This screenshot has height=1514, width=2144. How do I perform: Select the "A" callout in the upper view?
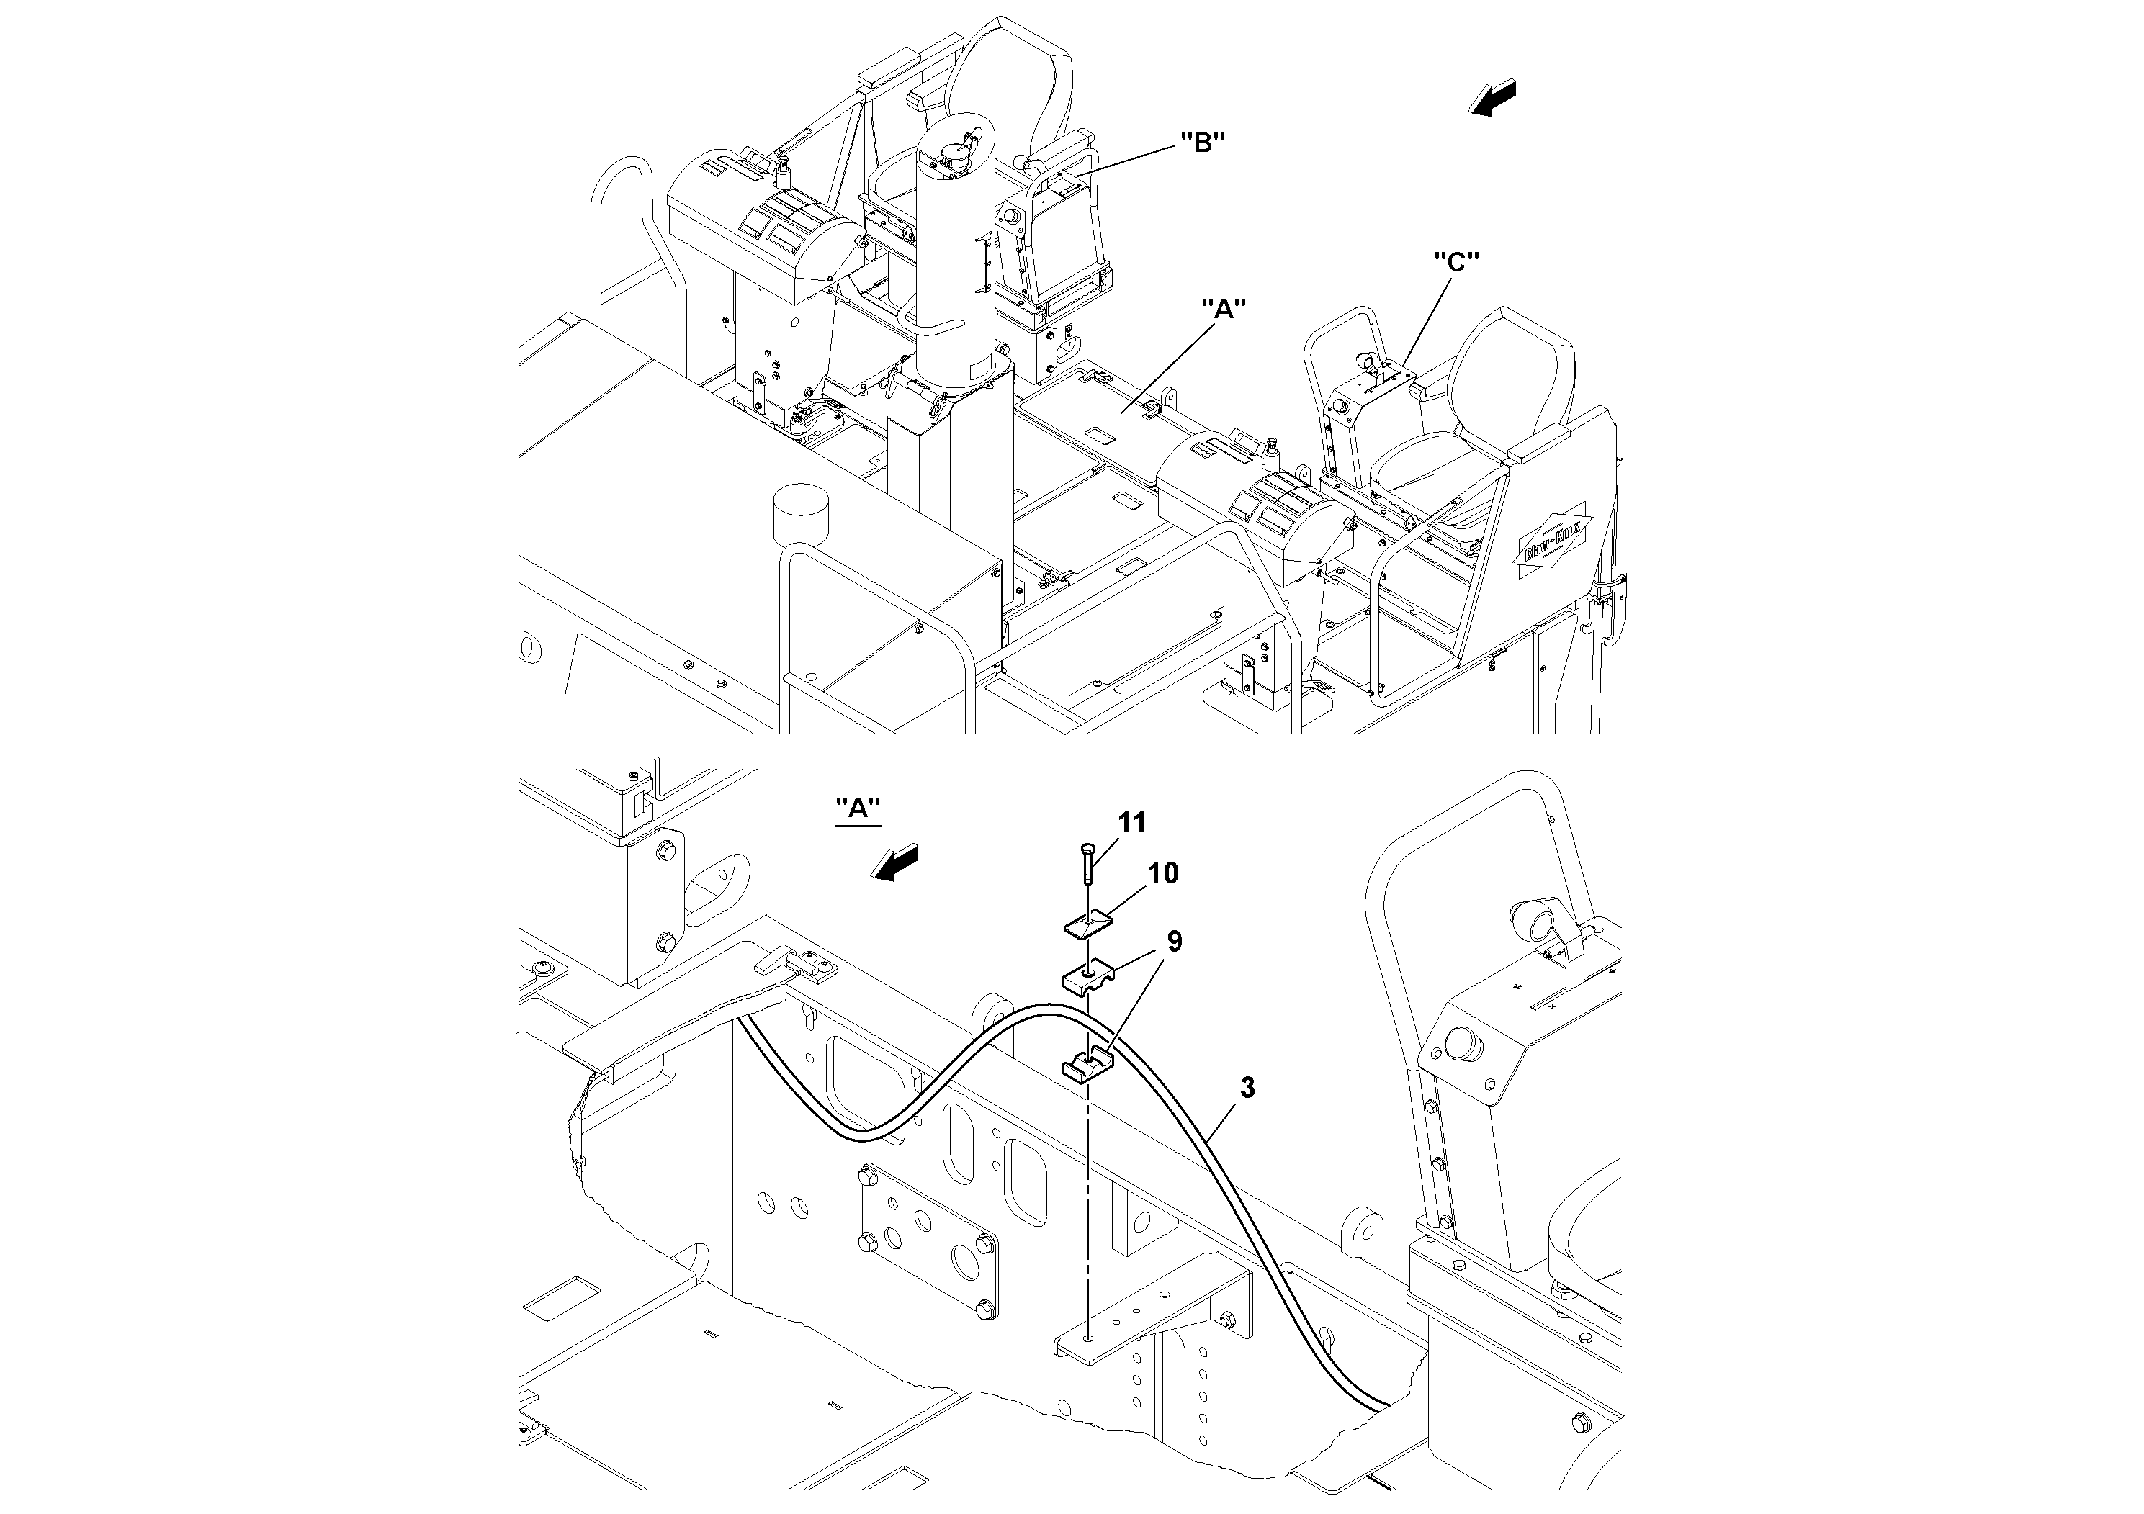click(x=1224, y=309)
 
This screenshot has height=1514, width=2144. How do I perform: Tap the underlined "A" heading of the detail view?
click(x=857, y=809)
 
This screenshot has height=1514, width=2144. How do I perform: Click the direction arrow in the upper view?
click(x=1492, y=98)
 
